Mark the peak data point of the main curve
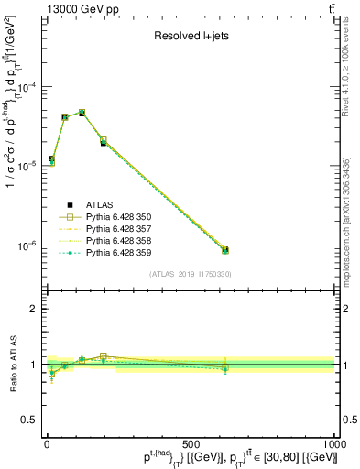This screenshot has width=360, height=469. tap(82, 113)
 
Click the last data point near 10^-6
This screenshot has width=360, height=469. tap(225, 250)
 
